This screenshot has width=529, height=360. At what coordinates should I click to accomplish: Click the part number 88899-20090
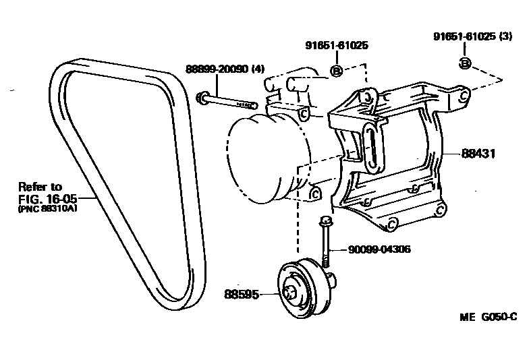(x=215, y=69)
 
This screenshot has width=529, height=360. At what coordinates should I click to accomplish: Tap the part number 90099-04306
(x=380, y=249)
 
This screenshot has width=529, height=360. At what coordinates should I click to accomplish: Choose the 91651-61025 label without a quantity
(x=337, y=46)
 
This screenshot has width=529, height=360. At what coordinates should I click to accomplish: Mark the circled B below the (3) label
(x=465, y=63)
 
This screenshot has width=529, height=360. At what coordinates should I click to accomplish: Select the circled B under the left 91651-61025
(x=335, y=69)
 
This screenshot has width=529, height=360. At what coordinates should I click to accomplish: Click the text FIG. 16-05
(x=40, y=199)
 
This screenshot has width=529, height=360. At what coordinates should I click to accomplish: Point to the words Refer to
(x=40, y=187)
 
